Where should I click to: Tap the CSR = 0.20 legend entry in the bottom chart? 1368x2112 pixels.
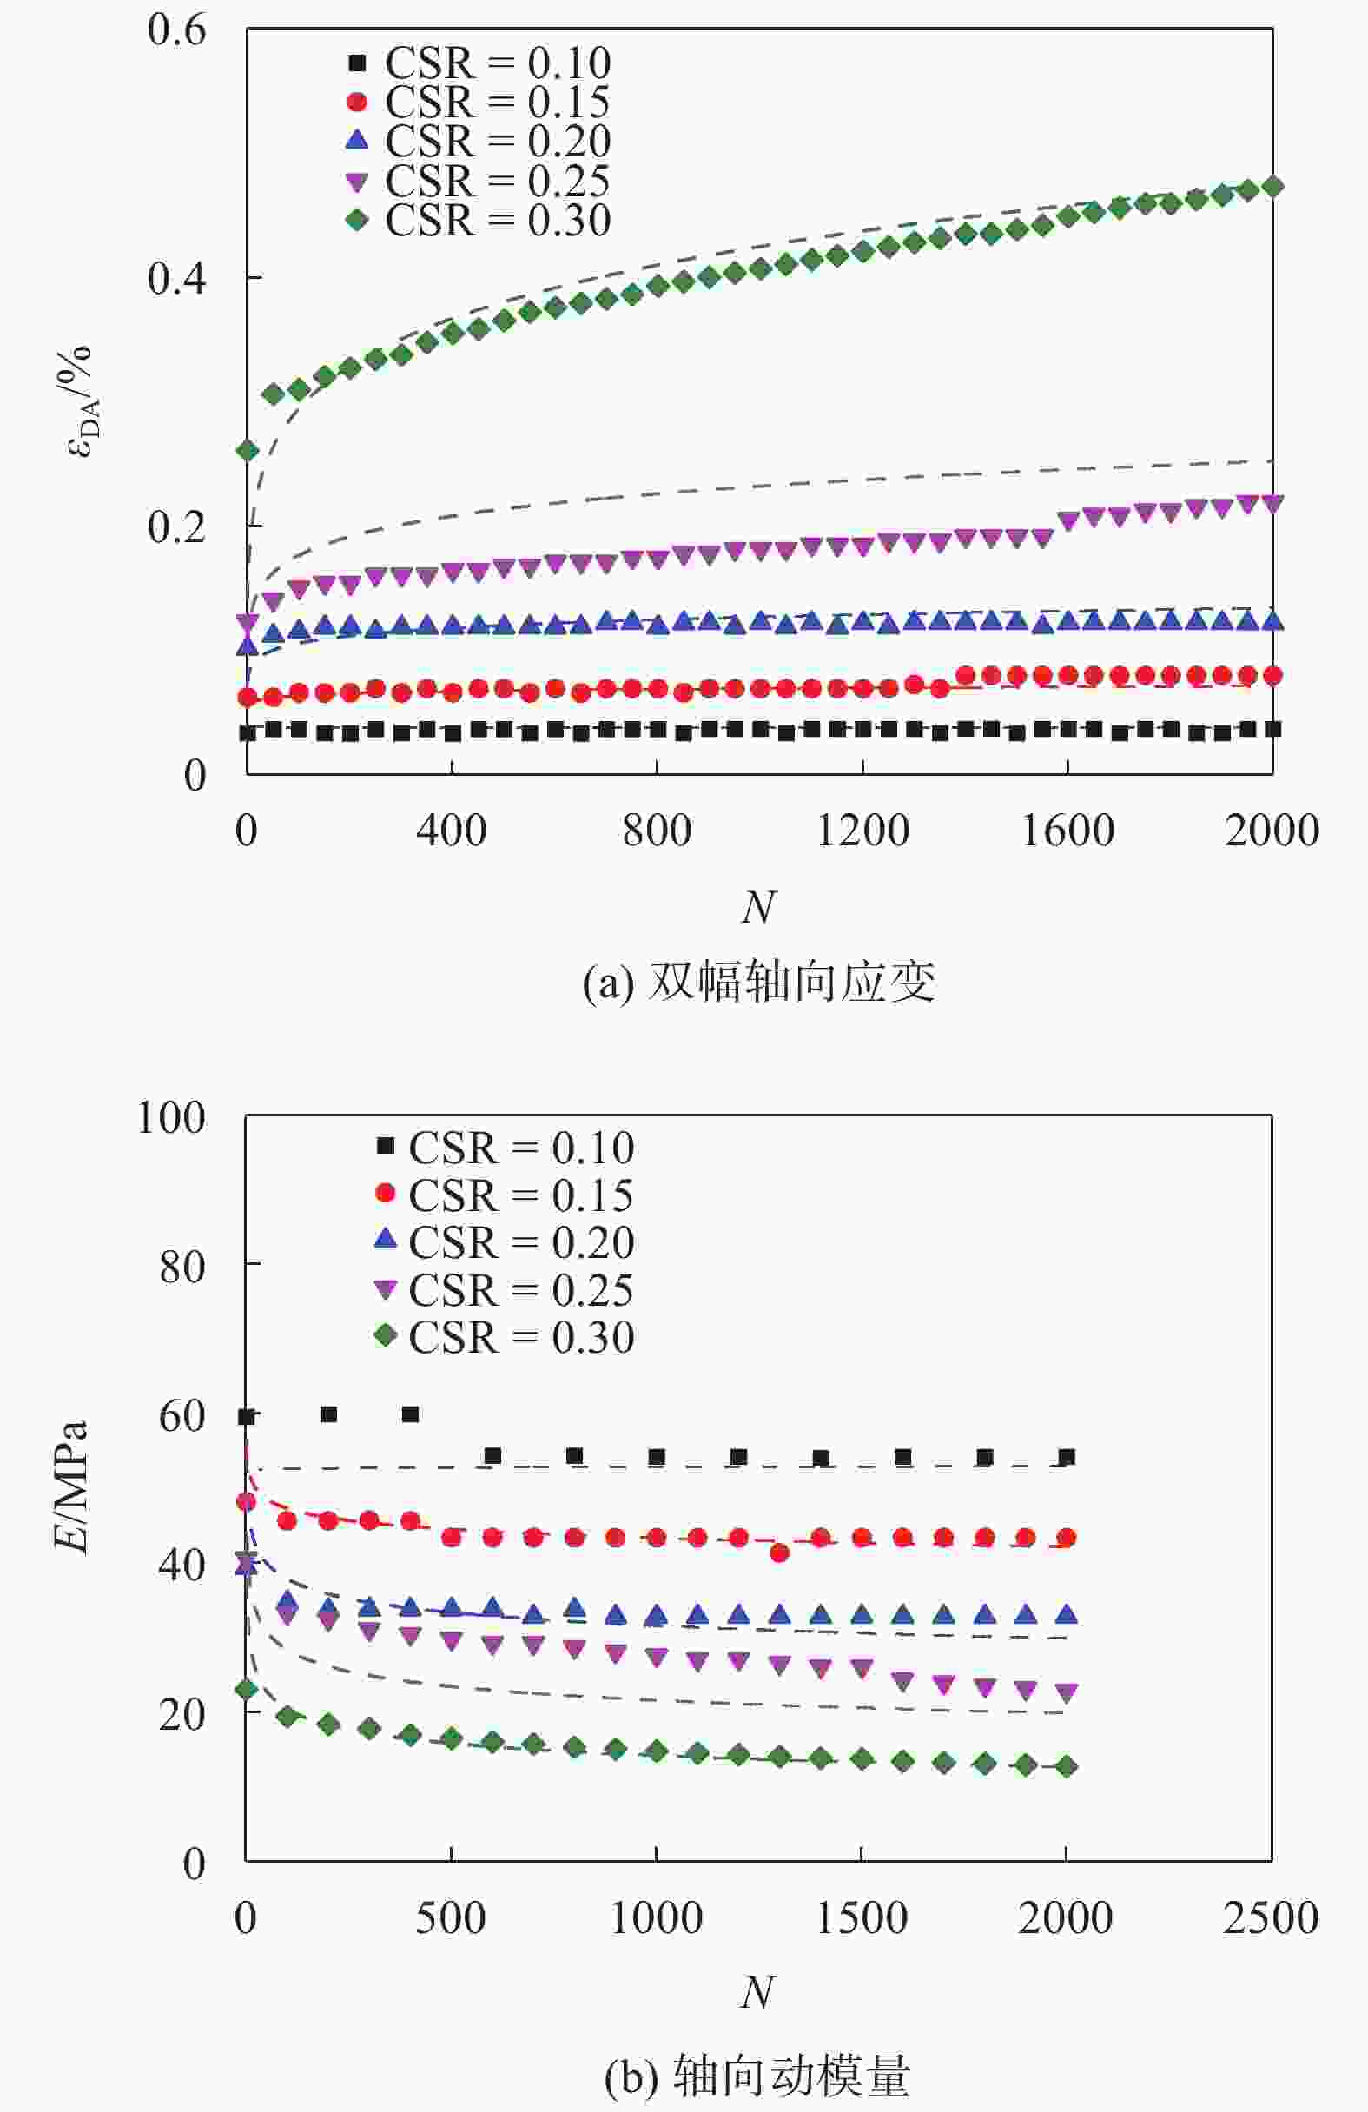pyautogui.click(x=504, y=1243)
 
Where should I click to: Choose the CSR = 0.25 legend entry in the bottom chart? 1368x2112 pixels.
pyautogui.click(x=504, y=1290)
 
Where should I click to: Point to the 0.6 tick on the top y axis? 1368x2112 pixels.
pyautogui.click(x=176, y=30)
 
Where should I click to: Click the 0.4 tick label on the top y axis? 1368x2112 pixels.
pyautogui.click(x=176, y=279)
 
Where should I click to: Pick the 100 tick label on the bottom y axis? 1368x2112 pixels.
pyautogui.click(x=170, y=1117)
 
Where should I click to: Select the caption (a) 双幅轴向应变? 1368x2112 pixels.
pyautogui.click(x=758, y=982)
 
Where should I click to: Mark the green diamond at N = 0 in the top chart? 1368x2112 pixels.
pyautogui.click(x=248, y=451)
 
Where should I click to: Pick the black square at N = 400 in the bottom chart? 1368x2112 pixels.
pyautogui.click(x=410, y=1414)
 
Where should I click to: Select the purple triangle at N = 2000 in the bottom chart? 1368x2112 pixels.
pyautogui.click(x=1067, y=1693)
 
